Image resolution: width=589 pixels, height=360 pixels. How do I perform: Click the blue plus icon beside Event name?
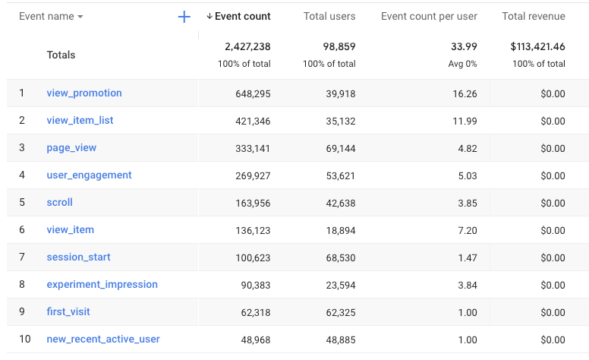pyautogui.click(x=184, y=17)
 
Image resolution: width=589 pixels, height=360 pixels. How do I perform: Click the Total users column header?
pyautogui.click(x=330, y=17)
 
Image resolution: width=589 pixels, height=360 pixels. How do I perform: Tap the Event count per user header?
pyautogui.click(x=429, y=17)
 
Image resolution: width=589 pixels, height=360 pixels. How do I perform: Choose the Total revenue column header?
pyautogui.click(x=533, y=17)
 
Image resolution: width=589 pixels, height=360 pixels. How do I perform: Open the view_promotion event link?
pyautogui.click(x=84, y=93)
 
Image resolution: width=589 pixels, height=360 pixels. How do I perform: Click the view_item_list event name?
pyautogui.click(x=80, y=121)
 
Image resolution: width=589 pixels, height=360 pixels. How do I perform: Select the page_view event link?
pyautogui.click(x=71, y=148)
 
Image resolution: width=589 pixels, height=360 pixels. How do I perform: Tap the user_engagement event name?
pyautogui.click(x=89, y=175)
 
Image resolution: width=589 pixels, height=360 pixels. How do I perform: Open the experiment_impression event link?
pyautogui.click(x=102, y=285)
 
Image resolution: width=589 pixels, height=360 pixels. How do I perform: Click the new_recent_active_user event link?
pyautogui.click(x=103, y=339)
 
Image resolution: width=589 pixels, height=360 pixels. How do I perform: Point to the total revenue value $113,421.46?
pyautogui.click(x=537, y=47)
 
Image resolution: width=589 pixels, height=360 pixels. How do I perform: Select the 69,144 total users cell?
pyautogui.click(x=339, y=148)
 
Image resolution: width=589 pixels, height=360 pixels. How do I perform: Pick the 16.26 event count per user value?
pyautogui.click(x=465, y=93)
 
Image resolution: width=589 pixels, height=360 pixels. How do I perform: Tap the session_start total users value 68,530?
pyautogui.click(x=339, y=257)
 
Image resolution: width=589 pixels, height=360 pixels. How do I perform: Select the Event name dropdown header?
pyautogui.click(x=51, y=17)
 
